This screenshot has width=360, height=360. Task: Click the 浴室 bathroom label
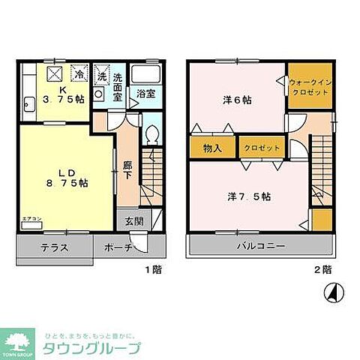145,94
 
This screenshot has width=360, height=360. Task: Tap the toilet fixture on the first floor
152,136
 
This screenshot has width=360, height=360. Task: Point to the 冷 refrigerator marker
79,74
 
